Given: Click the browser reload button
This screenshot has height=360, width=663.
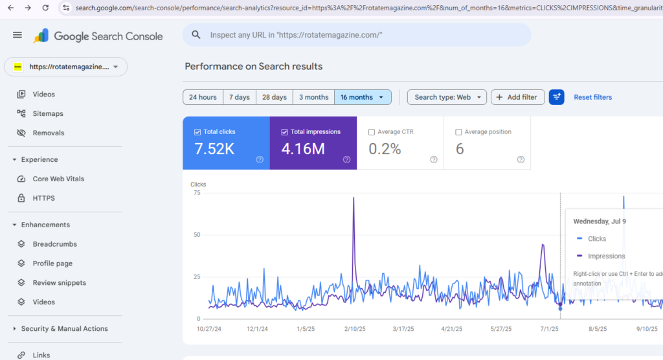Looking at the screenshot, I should point(45,8).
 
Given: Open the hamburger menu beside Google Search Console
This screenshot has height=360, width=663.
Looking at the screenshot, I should point(17,35).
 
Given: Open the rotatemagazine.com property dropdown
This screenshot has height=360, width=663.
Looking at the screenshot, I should point(65,67).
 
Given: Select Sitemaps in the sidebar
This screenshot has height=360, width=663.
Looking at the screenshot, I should point(48,113).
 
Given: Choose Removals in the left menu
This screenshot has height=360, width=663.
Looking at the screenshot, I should point(49,133).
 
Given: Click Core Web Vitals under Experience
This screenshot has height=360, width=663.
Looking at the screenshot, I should point(58,179).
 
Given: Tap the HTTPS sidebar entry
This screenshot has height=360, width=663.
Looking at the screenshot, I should point(43,198).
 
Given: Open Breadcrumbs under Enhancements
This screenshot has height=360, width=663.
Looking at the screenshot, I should point(54,244).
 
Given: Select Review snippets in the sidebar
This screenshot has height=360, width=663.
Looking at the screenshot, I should point(59,283).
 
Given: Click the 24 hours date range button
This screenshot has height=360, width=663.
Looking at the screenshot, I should point(203,97).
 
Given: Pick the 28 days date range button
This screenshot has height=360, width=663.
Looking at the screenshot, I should point(274,97).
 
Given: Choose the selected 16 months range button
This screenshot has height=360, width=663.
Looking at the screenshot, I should point(363,97).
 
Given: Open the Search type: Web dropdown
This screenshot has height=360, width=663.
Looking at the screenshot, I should point(446,97).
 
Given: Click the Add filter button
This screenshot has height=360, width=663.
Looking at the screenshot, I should point(517,97).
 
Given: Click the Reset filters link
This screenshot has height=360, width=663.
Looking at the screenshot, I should point(592,97).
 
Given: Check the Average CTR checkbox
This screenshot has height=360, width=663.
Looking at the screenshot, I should point(372,132).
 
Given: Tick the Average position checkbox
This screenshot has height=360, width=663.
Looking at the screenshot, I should point(459,132).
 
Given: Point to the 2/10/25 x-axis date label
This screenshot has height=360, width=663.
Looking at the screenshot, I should point(355,329).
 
